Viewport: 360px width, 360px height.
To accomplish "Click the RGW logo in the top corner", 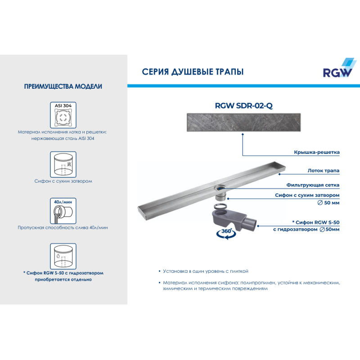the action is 339,68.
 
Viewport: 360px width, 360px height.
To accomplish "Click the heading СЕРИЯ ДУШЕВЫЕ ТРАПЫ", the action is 193,72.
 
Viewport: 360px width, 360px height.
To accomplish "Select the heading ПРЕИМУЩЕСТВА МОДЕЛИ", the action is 63,86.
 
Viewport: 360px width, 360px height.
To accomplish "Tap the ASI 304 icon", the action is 63,115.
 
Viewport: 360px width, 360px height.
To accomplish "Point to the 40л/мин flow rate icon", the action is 63,211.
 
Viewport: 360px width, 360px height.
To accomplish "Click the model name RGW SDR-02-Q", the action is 243,106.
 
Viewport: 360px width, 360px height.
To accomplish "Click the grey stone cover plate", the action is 243,122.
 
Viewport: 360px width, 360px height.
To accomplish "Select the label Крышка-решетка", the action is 317,152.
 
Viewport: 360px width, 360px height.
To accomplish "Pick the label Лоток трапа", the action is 323,171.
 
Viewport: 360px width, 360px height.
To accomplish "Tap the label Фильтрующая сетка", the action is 313,185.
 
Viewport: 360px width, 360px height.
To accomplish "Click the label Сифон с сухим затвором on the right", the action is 307,195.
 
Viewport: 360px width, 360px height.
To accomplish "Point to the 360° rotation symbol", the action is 226,234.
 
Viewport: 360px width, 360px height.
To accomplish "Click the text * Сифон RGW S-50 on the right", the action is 316,222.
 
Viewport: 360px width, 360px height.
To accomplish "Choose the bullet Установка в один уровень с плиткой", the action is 206,271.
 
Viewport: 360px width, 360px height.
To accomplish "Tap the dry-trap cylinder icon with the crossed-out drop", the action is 63,164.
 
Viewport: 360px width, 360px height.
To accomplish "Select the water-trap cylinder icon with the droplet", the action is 63,256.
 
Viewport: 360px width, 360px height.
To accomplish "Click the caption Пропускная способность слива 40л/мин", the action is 63,228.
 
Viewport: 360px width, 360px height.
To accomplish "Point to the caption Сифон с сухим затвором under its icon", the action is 63,181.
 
